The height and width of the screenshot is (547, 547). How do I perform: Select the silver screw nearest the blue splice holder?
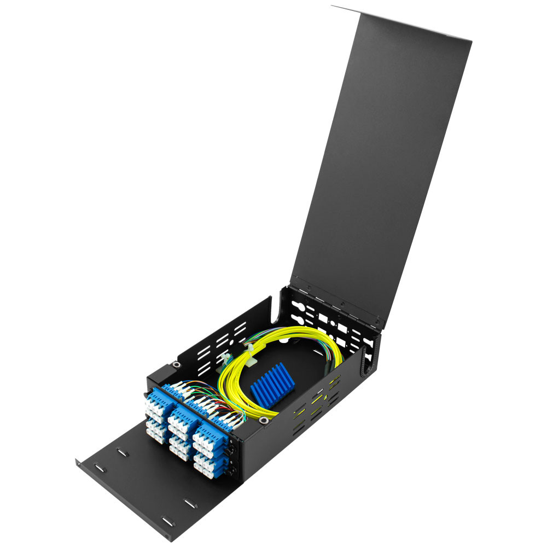[x=264, y=420]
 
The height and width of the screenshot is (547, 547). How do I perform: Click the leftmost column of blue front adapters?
[x=155, y=414]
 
